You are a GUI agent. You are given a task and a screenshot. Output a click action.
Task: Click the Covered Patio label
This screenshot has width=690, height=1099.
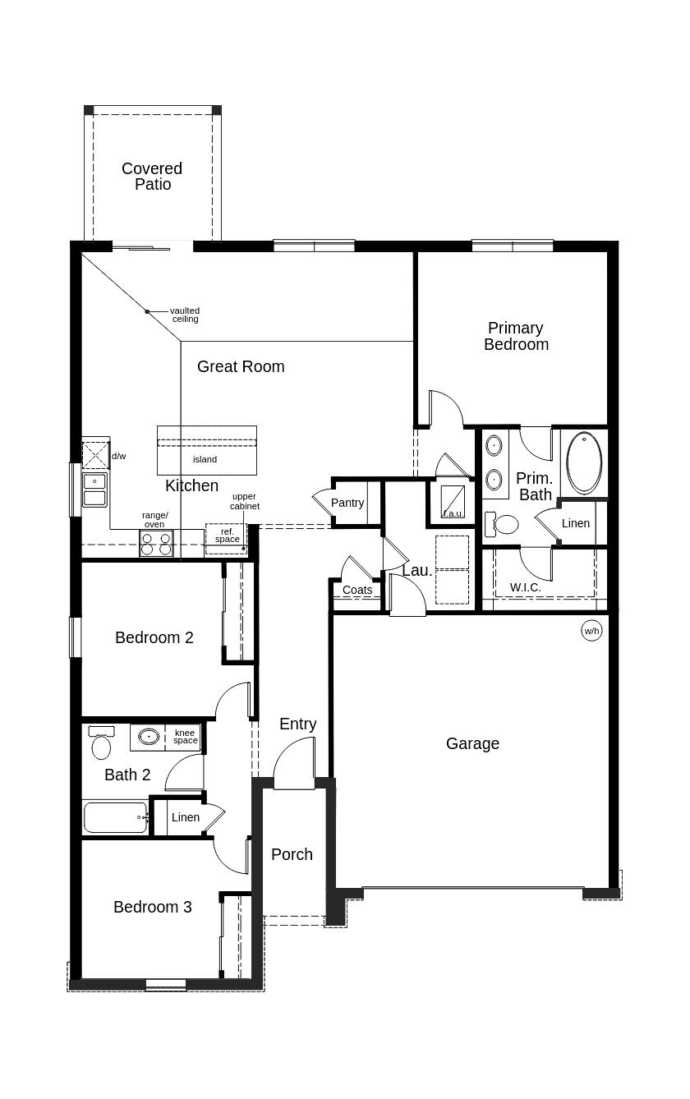coord(152,177)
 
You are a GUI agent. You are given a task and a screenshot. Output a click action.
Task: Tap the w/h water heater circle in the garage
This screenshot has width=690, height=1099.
coord(591,631)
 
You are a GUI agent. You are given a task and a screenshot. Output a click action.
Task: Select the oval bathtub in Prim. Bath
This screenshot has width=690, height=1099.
coord(584,462)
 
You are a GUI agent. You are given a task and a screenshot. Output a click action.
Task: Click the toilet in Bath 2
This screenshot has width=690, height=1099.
coord(101,745)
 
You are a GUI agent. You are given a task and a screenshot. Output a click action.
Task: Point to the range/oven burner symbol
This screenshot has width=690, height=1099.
coord(155,545)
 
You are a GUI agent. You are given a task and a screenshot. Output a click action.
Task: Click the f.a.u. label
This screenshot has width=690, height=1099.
coord(453,513)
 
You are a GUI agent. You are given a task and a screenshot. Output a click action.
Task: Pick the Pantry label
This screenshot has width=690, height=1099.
coord(347,503)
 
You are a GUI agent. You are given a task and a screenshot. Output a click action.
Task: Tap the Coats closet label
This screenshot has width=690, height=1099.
coord(357,590)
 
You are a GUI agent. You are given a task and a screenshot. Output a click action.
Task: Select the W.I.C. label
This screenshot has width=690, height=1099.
coord(526,587)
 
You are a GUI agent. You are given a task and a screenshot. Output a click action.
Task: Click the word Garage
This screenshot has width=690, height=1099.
coord(472,743)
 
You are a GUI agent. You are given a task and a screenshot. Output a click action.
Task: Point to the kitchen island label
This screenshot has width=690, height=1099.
coord(205,459)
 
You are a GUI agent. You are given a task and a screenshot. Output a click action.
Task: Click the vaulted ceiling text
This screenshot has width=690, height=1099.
coord(185,315)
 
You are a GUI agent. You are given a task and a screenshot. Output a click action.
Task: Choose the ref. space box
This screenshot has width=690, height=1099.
coord(227,536)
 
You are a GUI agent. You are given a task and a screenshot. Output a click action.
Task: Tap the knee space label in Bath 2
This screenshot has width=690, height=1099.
coord(185,737)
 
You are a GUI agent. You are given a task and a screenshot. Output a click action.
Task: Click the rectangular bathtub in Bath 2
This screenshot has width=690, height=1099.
coord(116,817)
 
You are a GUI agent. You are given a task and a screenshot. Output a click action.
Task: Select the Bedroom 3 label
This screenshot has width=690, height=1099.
coord(153,907)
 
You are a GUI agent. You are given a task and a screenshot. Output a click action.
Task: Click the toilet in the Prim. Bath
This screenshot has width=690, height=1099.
coord(503,523)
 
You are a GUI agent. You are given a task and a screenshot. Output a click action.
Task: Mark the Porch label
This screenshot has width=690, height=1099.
coord(292,854)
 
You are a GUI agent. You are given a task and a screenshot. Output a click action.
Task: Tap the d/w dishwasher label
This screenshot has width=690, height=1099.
coord(119,456)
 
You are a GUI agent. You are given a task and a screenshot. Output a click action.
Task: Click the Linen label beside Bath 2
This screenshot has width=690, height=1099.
coord(186,817)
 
